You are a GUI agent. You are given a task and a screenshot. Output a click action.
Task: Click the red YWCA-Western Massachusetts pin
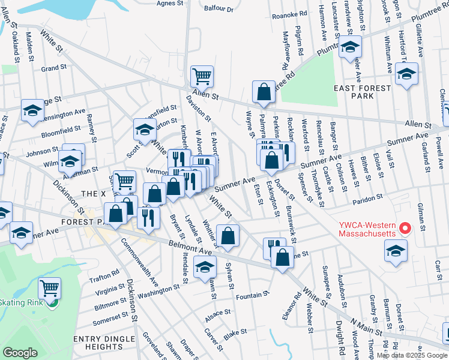pyautogui.click(x=405, y=229)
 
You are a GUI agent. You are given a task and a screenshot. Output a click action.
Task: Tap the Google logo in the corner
pyautogui.click(x=20, y=353)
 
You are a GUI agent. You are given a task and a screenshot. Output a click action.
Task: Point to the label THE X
pyautogui.click(x=93, y=194)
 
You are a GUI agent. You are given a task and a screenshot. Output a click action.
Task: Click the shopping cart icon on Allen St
pyautogui.click(x=202, y=76)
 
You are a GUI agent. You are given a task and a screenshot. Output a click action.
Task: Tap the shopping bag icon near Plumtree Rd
pyautogui.click(x=264, y=92)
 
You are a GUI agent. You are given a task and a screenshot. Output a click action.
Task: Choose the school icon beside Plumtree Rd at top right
pyautogui.click(x=350, y=47)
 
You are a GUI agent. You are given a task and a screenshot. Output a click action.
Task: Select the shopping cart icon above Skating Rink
pyautogui.click(x=49, y=288)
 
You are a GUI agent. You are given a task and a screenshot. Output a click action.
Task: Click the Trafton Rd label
pyautogui.click(x=108, y=275)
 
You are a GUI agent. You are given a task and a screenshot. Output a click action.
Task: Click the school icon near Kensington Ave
pyautogui.click(x=32, y=111)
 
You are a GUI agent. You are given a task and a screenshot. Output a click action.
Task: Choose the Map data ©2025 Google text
pyautogui.click(x=412, y=355)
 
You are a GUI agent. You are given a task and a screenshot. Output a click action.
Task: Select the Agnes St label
pyautogui.click(x=170, y=3)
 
